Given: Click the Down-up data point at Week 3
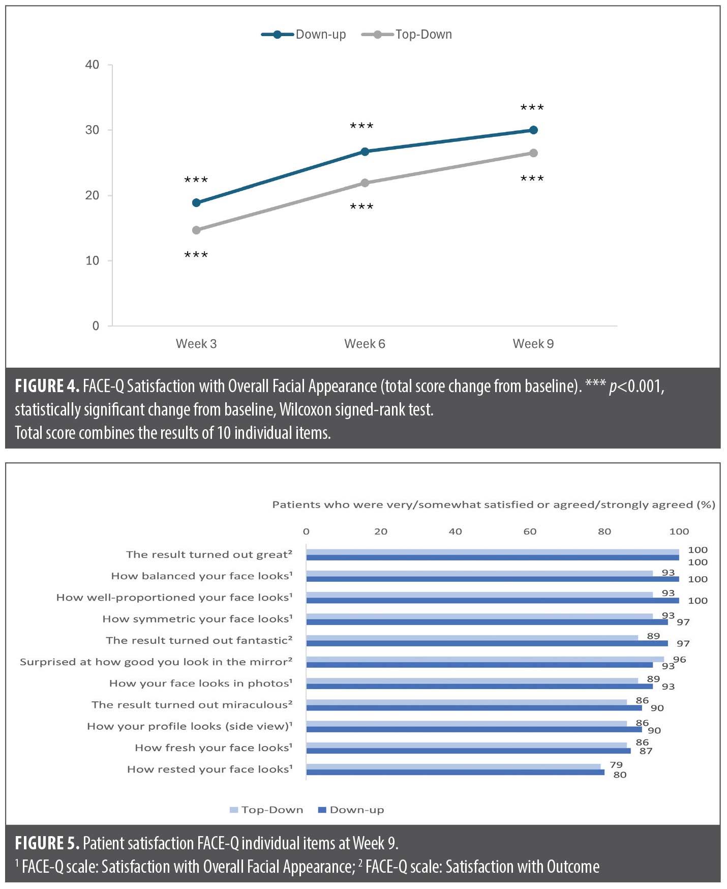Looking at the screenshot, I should [x=196, y=203].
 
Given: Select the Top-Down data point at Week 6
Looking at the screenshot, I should [x=365, y=183].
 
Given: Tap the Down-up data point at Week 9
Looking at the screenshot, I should [x=533, y=130].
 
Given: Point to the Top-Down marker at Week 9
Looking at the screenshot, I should [x=533, y=153].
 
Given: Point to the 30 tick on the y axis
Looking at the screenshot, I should [x=92, y=130].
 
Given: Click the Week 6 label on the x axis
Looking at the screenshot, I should [x=365, y=344].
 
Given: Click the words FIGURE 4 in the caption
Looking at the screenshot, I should [x=47, y=387].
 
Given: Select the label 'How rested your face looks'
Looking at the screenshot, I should [x=209, y=769].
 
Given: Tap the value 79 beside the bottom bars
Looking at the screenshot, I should [x=616, y=764].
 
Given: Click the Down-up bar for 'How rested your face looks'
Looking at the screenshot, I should [x=455, y=772].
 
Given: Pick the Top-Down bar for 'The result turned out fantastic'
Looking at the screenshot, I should [x=472, y=638].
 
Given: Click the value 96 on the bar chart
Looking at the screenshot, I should [x=679, y=660].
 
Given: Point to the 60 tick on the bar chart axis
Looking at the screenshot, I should [x=530, y=531].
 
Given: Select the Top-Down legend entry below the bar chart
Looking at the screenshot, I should [x=266, y=810].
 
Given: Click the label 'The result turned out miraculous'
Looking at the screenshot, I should [x=192, y=705].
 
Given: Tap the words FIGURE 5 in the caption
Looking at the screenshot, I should [x=47, y=843].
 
